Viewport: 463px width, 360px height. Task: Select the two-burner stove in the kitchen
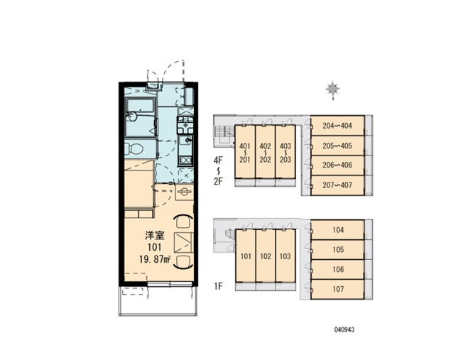click(x=186, y=160)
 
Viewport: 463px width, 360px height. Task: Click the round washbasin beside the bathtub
click(x=131, y=116)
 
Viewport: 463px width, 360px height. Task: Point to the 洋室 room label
click(x=155, y=236)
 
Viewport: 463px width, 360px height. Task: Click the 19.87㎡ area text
click(x=155, y=259)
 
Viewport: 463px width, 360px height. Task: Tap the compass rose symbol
click(x=333, y=89)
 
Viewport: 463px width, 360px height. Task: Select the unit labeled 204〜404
click(x=337, y=126)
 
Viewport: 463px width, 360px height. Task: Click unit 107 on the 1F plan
click(x=338, y=289)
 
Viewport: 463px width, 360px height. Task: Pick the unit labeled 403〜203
click(x=285, y=152)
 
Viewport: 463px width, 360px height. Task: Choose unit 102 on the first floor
click(x=266, y=256)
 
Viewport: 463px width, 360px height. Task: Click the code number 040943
click(x=344, y=329)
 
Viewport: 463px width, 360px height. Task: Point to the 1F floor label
click(x=218, y=286)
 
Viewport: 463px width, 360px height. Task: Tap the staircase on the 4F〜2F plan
click(x=223, y=135)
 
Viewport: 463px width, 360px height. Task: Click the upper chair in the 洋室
click(x=184, y=222)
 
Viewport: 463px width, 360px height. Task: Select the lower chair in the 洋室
click(x=184, y=262)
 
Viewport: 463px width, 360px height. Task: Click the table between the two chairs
click(x=183, y=242)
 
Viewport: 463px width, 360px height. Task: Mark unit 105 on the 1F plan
click(x=338, y=250)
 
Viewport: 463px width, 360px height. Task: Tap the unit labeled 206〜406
click(x=337, y=165)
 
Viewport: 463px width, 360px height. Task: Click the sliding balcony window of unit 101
click(x=170, y=284)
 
